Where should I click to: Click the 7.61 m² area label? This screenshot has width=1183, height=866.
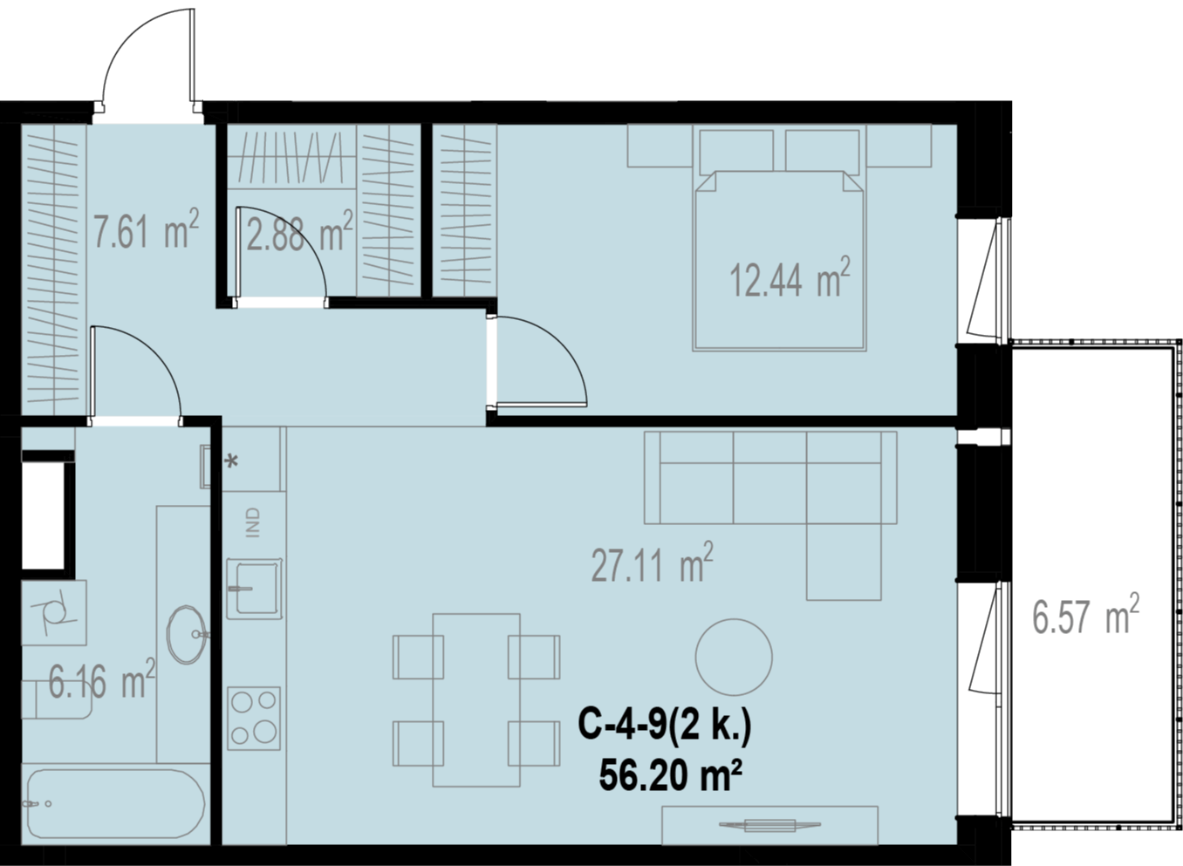pos(147,229)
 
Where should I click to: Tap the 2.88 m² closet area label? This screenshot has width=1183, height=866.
pos(299,231)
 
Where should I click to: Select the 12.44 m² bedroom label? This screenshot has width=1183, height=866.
pos(790,277)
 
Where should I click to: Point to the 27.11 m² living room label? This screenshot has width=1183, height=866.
pos(653,563)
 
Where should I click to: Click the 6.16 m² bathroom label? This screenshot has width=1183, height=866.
pos(102,679)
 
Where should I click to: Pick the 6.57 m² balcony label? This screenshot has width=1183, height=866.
pos(1086,615)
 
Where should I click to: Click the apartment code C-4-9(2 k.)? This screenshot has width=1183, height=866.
pos(665,726)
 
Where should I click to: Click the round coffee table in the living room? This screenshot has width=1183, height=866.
pos(734,658)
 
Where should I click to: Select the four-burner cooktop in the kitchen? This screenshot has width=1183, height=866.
pos(254,718)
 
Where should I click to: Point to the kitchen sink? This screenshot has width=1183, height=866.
pos(254,589)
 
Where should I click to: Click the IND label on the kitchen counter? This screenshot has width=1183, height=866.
pos(254,522)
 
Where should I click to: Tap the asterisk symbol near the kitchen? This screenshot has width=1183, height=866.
pos(231,462)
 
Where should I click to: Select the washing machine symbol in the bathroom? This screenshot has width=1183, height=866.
pos(54,612)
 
